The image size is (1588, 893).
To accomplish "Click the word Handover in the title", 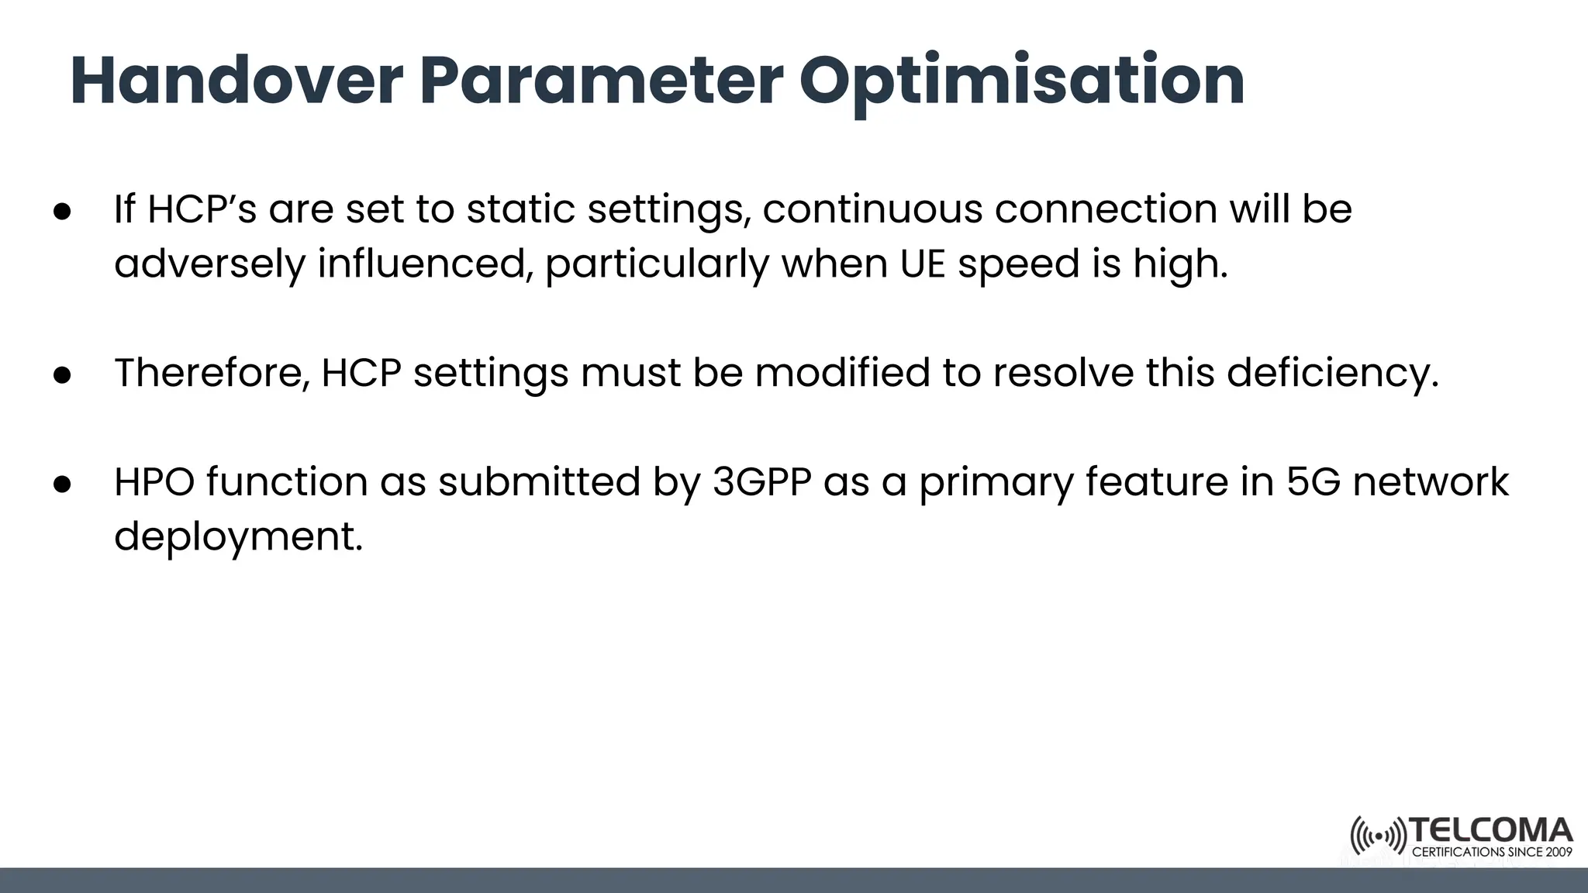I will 236,81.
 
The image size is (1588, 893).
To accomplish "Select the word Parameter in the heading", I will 601,81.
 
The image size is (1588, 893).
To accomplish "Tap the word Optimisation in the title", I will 1021,81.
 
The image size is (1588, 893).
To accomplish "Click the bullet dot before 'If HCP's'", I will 63,211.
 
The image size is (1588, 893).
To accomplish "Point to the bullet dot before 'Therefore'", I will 63,374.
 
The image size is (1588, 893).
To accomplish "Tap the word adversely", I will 209,264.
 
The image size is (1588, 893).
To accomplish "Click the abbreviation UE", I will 923,264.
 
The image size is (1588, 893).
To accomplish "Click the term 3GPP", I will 761,482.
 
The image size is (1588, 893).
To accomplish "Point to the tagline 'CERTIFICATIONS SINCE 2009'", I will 1492,852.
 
